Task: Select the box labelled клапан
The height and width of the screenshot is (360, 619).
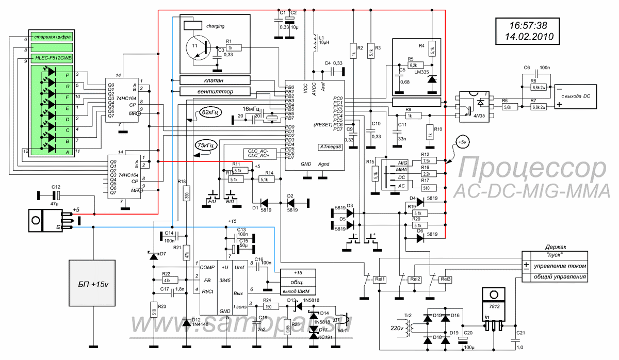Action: [x=215, y=80]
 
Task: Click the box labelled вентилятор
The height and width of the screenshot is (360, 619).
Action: [x=215, y=91]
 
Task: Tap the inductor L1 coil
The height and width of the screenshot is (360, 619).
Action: [x=313, y=44]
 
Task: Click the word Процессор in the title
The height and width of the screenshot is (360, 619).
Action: [x=532, y=169]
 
